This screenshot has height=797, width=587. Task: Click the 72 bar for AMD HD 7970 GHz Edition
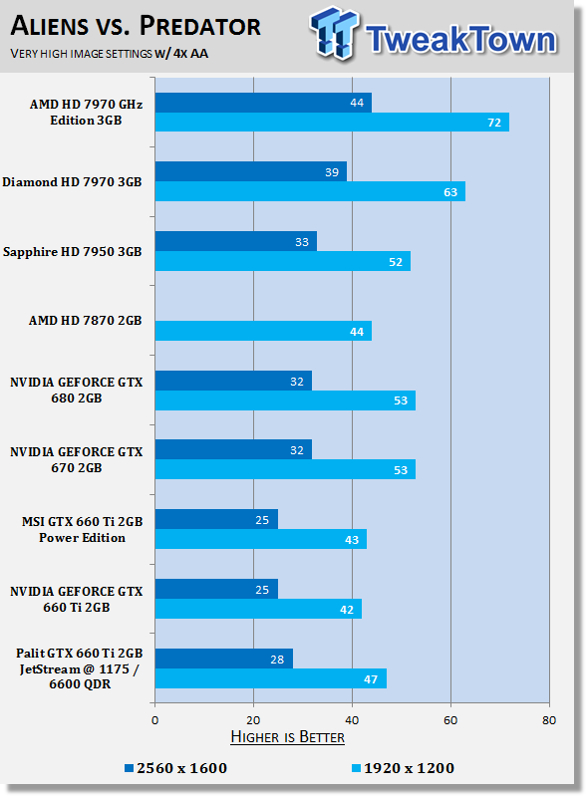click(332, 122)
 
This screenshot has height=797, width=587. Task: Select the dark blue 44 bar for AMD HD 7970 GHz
click(263, 103)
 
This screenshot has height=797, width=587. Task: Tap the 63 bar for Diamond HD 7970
click(310, 191)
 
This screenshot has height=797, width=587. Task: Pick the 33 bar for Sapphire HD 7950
click(236, 241)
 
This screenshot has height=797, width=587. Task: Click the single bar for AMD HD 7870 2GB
click(263, 331)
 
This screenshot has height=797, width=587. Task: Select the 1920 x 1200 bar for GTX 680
click(285, 400)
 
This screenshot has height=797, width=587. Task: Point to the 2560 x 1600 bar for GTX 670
click(233, 449)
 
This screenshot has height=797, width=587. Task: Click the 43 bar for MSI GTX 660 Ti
click(261, 539)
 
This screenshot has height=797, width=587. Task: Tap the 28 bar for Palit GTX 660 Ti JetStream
click(224, 659)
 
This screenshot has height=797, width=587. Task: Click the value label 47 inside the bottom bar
click(371, 679)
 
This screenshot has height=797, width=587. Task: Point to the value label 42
click(347, 610)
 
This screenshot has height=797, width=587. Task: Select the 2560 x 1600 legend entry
click(176, 768)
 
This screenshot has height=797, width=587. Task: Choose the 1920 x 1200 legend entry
click(403, 768)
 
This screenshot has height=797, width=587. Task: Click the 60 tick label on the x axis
click(450, 720)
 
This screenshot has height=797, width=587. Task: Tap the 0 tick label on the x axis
click(155, 720)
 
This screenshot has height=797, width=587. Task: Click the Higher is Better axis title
click(287, 737)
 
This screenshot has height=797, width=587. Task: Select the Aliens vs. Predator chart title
click(136, 26)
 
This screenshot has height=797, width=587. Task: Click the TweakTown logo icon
click(334, 33)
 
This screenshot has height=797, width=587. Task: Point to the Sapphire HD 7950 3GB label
click(72, 252)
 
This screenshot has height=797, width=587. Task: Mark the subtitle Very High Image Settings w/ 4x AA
click(110, 54)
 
